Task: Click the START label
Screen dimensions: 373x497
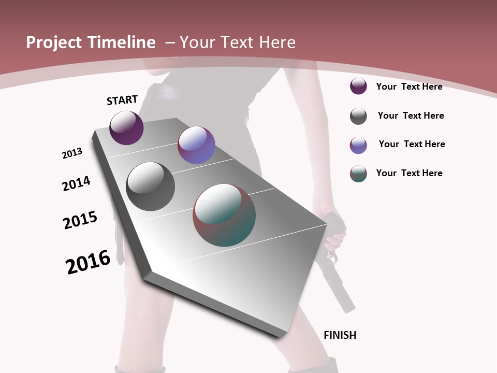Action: pos(122,100)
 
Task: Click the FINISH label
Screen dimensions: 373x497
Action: pos(340,335)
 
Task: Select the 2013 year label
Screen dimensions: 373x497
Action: pos(72,153)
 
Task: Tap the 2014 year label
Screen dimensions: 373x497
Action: pos(76,183)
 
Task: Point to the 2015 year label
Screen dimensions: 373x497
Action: pos(80,220)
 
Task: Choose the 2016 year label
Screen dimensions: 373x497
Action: pos(88,262)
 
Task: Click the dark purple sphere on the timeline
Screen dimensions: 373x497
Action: pos(126,128)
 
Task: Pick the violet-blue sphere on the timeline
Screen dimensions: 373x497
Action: pos(196,145)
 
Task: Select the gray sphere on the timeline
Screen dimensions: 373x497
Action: pos(151,187)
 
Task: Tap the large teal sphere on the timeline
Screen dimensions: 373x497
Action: pos(224,215)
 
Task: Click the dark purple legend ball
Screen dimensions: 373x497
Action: pos(358,86)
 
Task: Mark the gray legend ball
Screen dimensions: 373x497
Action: pos(358,116)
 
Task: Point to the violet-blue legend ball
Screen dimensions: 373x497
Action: pos(358,145)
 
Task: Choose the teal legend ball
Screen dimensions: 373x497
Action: pos(358,174)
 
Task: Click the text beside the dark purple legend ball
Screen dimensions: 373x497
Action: pos(409,87)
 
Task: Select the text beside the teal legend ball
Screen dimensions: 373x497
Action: pos(409,173)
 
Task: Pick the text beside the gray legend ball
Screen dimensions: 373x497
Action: pos(411,116)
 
